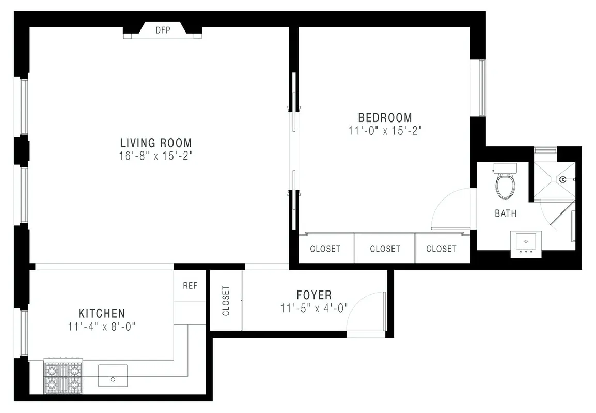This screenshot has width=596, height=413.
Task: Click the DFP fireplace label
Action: click(163, 30)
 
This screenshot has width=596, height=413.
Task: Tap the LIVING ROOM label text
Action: click(155, 143)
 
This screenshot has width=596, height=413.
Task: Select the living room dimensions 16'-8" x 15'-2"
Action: click(155, 156)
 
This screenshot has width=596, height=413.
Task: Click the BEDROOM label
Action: click(385, 118)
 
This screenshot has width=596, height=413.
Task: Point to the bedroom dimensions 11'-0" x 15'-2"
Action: click(385, 131)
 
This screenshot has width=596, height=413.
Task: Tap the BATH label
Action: click(505, 213)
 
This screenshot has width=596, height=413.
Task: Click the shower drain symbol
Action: click(561, 180)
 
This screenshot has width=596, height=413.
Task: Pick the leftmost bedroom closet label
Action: click(325, 249)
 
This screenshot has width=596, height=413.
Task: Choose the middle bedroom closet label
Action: click(385, 249)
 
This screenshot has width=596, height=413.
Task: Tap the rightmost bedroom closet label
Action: click(441, 249)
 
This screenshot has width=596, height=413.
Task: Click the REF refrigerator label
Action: click(190, 285)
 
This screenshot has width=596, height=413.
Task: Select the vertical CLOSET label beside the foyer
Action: click(226, 301)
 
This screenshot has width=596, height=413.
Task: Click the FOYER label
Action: click(314, 295)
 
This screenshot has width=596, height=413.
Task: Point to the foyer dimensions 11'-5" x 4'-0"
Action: click(314, 309)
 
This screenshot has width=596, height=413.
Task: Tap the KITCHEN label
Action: click(102, 313)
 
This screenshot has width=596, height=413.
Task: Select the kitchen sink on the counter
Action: click(113, 375)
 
